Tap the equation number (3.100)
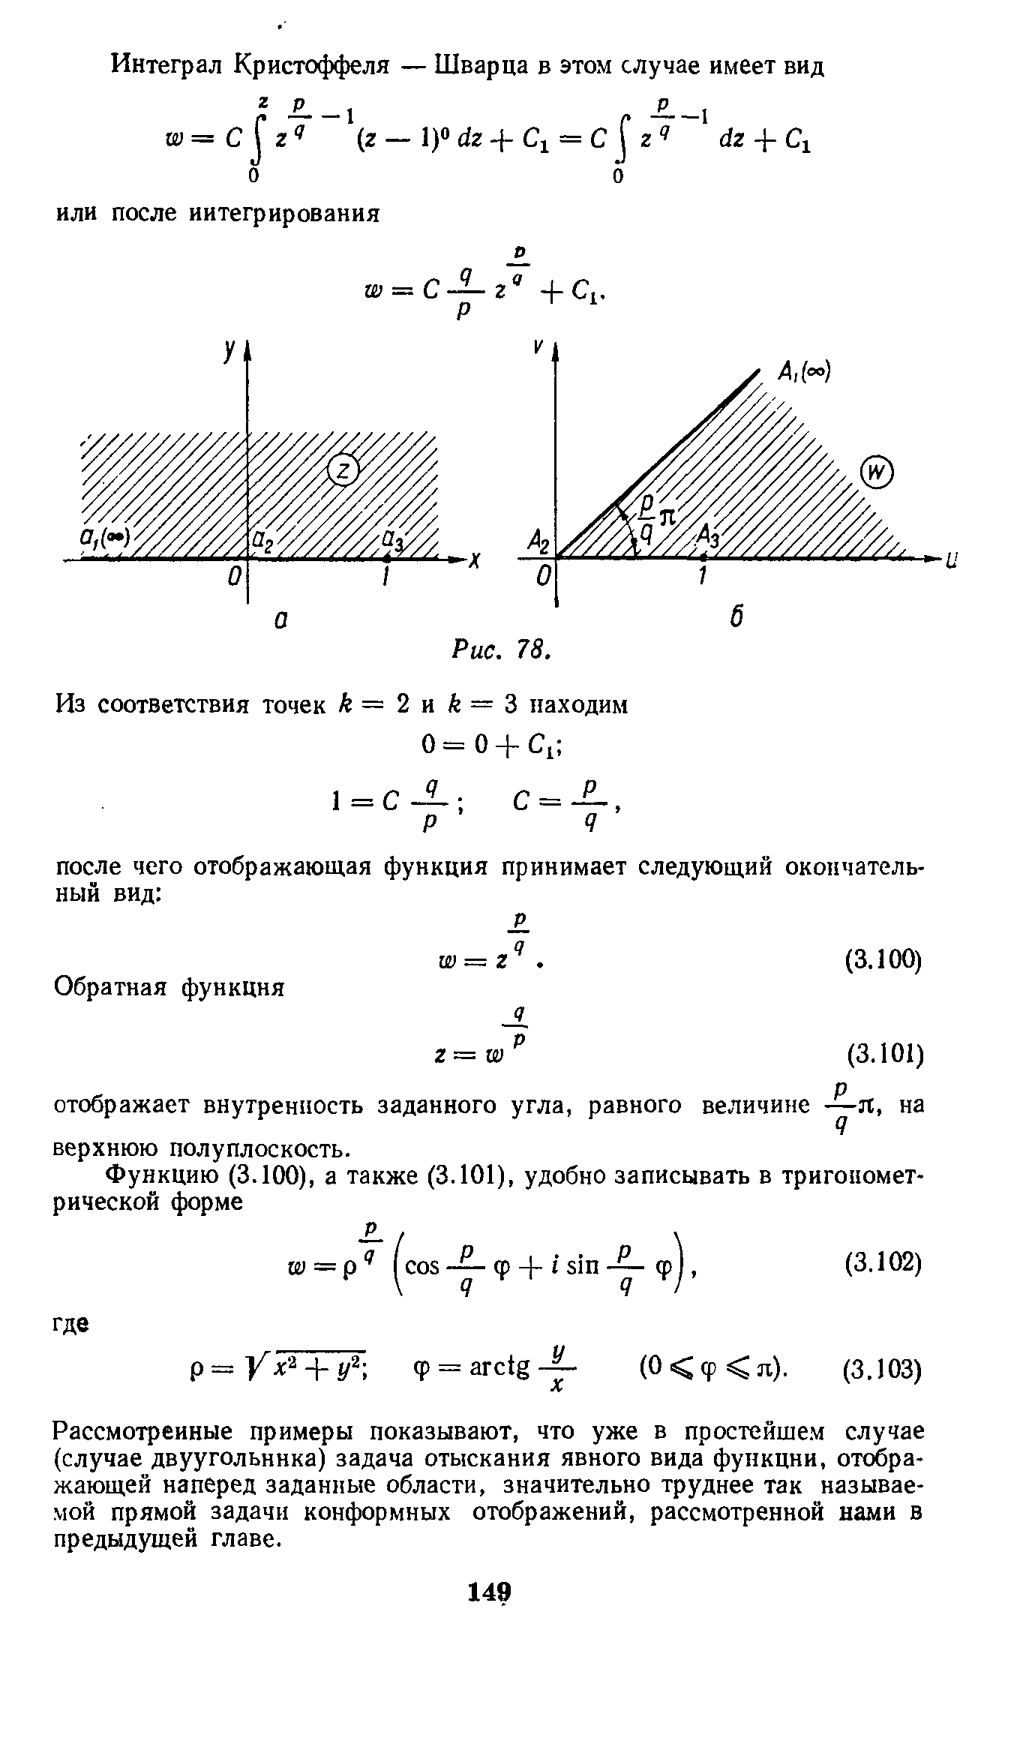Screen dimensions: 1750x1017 (x=882, y=959)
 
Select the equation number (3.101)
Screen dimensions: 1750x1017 (x=883, y=1055)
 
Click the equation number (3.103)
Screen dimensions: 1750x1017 (x=882, y=1370)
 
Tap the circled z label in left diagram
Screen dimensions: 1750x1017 (x=344, y=470)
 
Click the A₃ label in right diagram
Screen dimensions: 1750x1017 (x=709, y=536)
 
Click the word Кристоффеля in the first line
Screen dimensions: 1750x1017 (x=312, y=66)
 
